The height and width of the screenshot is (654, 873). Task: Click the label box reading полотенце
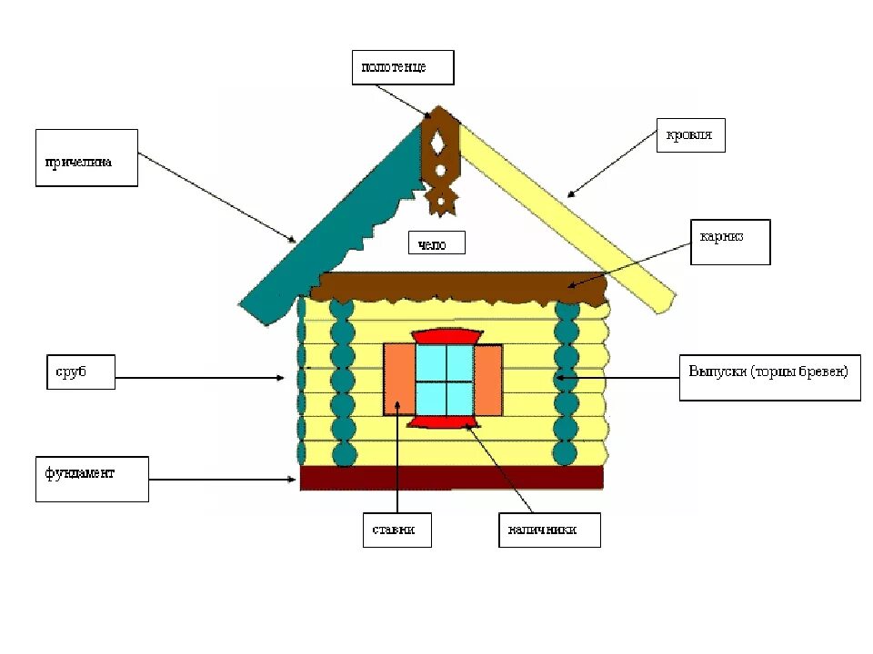point(402,67)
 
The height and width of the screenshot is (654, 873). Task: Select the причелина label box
point(86,158)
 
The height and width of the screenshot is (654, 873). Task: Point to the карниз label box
point(729,242)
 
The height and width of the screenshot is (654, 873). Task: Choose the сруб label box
point(81,372)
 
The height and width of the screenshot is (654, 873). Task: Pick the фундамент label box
point(91,479)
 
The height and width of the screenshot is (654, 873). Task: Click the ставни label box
point(396,530)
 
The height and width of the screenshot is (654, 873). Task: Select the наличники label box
point(549,530)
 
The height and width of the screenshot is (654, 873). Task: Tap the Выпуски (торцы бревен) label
point(768,377)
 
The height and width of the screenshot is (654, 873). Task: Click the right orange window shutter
point(488,380)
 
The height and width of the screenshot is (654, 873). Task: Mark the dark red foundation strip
point(452,478)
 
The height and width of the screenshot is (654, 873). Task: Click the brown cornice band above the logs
point(455,284)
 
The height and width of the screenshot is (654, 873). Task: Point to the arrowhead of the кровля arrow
point(570,193)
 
